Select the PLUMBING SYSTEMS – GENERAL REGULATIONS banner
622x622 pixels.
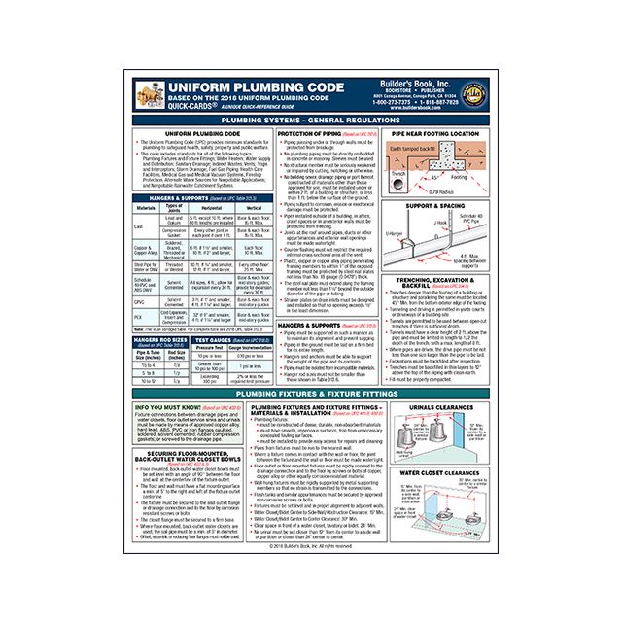tap(310, 118)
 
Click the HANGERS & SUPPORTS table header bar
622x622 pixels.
tap(189, 197)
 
